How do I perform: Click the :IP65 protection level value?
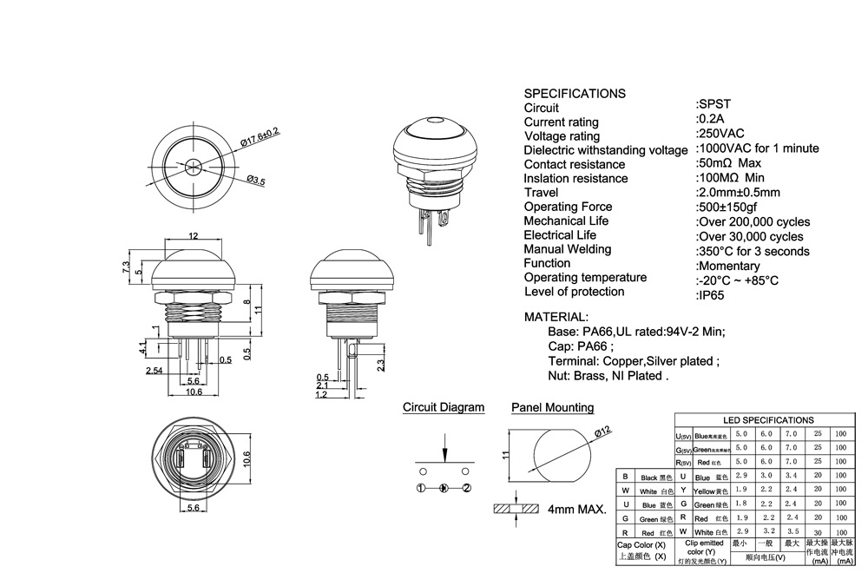click(712, 295)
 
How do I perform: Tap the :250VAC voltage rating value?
click(720, 133)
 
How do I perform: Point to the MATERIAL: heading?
click(556, 317)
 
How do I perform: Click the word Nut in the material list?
click(559, 376)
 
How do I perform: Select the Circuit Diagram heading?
click(444, 407)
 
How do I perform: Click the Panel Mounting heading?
click(552, 407)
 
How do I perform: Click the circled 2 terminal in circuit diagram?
click(466, 488)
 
